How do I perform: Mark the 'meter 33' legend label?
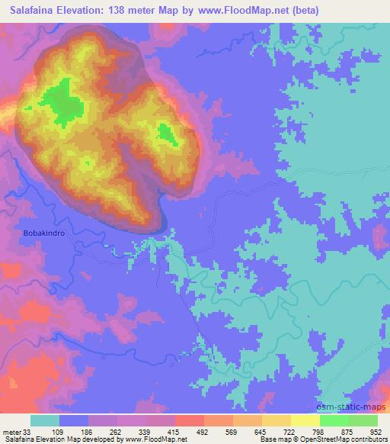point(16,431)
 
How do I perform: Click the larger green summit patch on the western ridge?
point(59,103)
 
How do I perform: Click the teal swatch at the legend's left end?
point(45,420)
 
